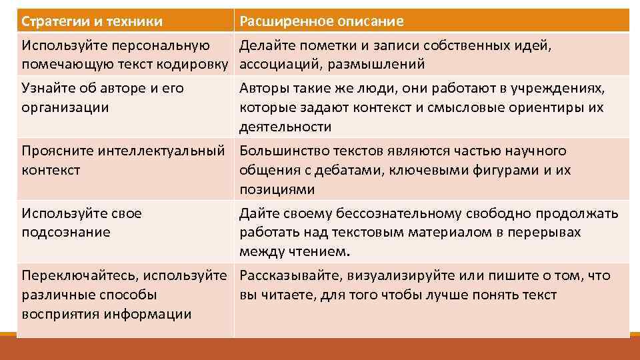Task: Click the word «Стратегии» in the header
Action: click(x=53, y=21)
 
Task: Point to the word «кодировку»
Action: click(x=199, y=65)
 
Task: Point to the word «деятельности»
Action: click(x=285, y=127)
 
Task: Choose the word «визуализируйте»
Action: click(x=397, y=275)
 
